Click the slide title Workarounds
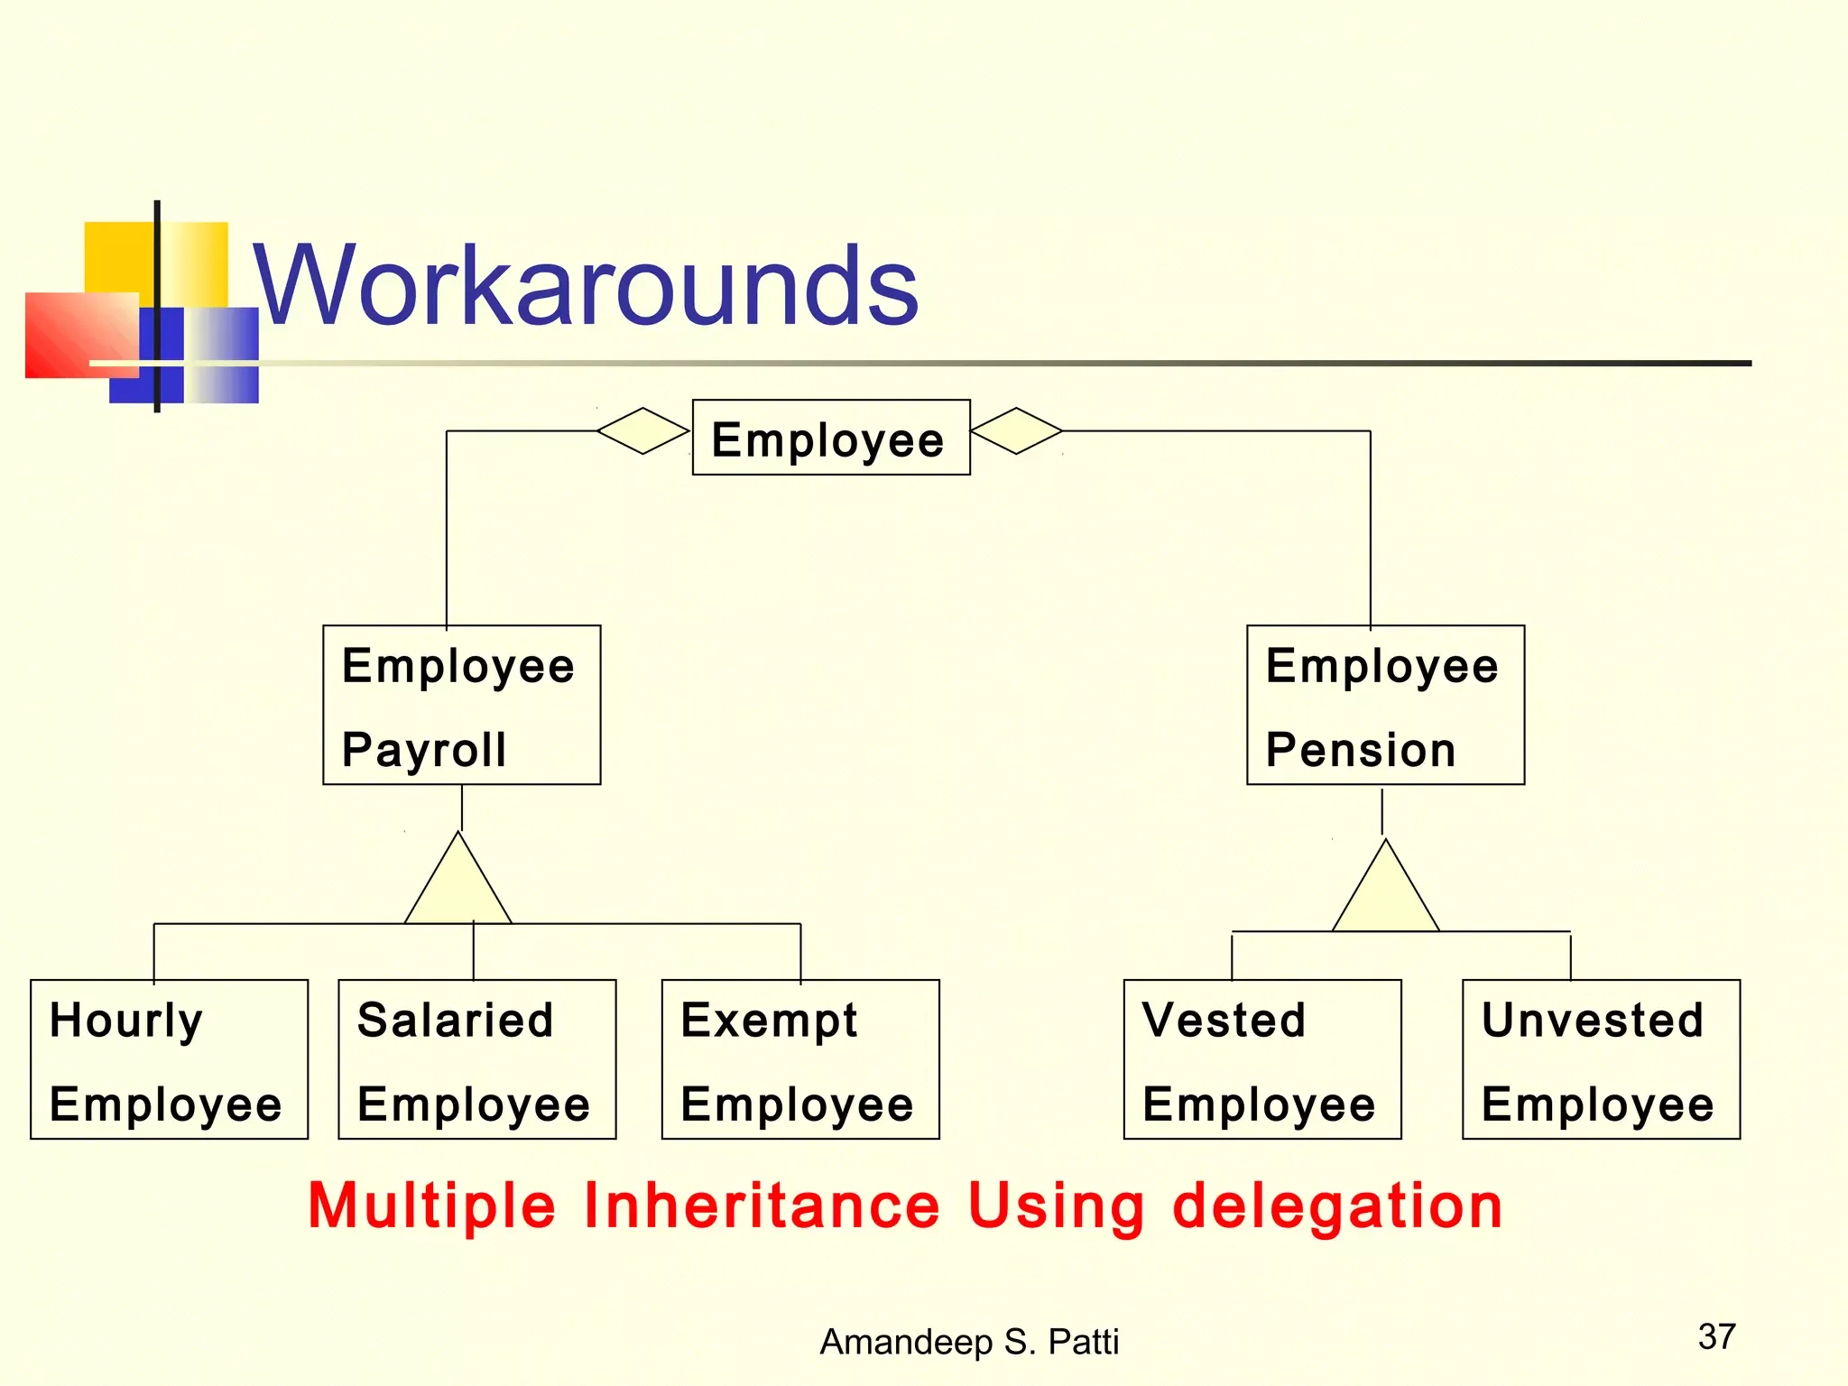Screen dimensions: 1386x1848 point(585,286)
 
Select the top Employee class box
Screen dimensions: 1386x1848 point(830,438)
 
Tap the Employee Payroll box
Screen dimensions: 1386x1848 point(461,705)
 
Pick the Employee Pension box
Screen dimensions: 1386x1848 point(1385,705)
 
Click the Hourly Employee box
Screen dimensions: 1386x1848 point(169,1059)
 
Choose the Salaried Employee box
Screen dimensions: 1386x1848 point(476,1059)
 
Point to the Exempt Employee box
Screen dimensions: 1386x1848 point(799,1059)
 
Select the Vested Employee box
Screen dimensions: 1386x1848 point(1261,1059)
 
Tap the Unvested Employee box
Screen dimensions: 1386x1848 point(1600,1059)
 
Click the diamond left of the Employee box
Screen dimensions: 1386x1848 point(642,431)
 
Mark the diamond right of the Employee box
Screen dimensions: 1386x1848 point(1016,431)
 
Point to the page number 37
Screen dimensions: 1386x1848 point(1716,1336)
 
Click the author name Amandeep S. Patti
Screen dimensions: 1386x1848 point(968,1342)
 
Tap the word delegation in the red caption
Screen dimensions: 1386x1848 point(1337,1206)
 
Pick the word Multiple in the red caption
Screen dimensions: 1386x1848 point(431,1206)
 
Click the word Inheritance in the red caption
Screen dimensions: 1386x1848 point(762,1206)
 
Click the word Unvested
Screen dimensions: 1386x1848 point(1592,1021)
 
